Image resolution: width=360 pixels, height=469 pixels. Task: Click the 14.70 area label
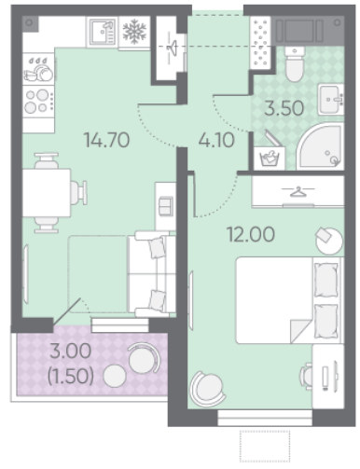click(107, 140)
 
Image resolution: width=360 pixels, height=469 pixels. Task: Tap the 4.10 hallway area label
click(216, 140)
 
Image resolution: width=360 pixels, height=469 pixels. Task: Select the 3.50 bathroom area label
click(284, 108)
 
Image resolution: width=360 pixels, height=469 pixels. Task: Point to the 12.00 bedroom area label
click(251, 234)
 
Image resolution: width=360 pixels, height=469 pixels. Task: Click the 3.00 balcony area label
click(71, 352)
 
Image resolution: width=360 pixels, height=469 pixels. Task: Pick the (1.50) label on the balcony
click(71, 377)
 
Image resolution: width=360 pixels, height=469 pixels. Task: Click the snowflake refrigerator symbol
click(134, 31)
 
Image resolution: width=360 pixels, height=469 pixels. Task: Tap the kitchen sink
click(103, 32)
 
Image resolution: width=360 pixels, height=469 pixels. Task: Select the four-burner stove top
click(38, 101)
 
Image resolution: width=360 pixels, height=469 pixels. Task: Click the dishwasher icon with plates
click(38, 69)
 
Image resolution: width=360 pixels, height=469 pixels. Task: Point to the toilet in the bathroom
click(294, 63)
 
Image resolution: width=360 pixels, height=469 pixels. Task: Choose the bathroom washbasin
click(331, 99)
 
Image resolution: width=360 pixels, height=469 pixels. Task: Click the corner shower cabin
click(321, 146)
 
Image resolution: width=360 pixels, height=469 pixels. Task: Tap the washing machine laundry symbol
click(270, 158)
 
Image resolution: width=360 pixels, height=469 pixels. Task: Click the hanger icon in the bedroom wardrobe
click(298, 192)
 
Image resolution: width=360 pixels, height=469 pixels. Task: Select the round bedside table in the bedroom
click(329, 241)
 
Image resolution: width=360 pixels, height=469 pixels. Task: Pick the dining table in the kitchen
click(47, 192)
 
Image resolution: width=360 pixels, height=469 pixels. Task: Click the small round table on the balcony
click(115, 376)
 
